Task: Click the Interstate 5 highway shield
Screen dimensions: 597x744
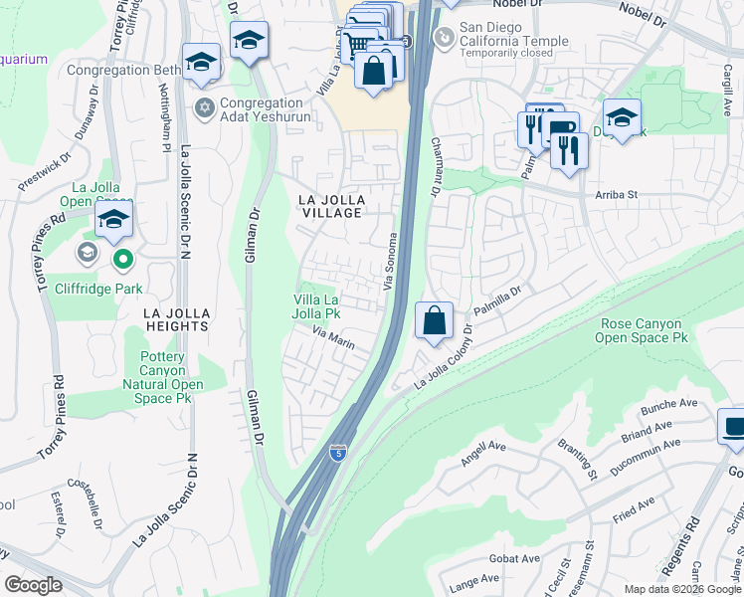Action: (338, 454)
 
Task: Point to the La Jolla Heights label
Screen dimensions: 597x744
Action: (177, 318)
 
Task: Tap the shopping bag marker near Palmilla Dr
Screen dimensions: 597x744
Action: (434, 322)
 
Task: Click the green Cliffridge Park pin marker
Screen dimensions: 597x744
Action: (123, 261)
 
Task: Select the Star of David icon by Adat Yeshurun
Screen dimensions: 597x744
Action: (206, 107)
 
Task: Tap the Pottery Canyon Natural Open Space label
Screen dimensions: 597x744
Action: (163, 377)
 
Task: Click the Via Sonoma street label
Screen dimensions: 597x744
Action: (392, 263)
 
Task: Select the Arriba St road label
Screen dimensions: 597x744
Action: (616, 196)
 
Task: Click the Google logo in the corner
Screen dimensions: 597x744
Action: (33, 585)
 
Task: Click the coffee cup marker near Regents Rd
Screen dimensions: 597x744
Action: (734, 427)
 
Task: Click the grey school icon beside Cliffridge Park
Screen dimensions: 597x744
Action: (86, 253)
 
